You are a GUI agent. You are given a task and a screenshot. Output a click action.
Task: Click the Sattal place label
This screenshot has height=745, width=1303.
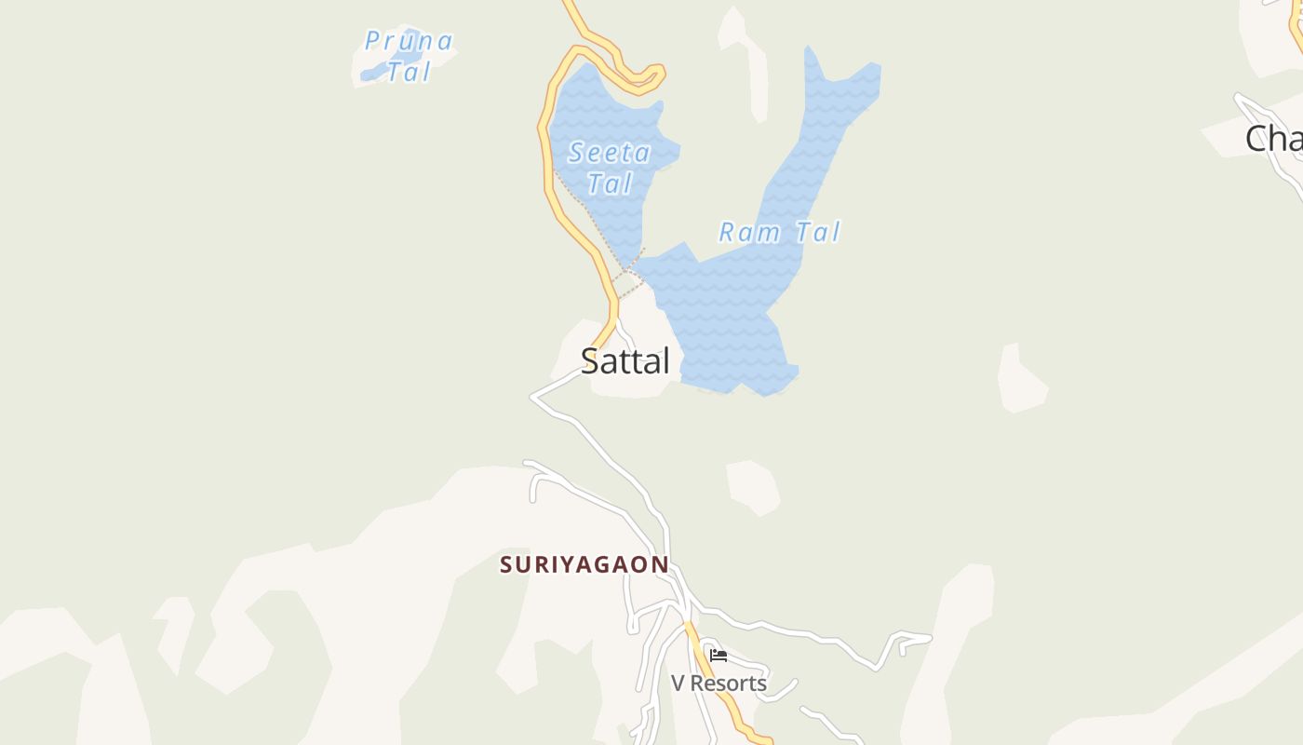pos(625,360)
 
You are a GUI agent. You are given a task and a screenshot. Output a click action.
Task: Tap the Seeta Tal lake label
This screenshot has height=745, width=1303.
pos(610,168)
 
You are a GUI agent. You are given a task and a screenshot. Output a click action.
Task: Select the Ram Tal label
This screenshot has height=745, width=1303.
pos(779,232)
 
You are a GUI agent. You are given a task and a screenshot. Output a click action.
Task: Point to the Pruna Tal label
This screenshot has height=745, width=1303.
pos(409,56)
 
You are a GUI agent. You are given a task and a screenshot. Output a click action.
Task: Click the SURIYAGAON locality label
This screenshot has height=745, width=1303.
pos(584,564)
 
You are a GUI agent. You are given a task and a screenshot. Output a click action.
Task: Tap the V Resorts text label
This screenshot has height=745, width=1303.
pos(719,684)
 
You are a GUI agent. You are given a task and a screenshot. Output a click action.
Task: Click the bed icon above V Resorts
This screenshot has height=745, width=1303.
pos(719,656)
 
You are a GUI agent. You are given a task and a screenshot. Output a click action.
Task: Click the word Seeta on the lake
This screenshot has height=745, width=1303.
pos(610,153)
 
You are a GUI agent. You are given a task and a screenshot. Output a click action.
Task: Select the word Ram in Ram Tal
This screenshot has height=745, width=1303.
pos(747,232)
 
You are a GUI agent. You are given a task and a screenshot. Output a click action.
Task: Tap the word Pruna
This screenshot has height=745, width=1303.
pos(409,41)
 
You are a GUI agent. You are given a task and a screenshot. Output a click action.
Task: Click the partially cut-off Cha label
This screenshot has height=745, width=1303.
pos(1273,140)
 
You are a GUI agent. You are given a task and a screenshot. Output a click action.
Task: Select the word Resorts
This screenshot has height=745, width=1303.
pos(729,684)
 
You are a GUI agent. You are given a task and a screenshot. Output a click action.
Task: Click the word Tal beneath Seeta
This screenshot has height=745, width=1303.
pos(610,183)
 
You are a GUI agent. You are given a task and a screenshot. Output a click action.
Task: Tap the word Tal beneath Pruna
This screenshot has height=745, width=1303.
pos(409,72)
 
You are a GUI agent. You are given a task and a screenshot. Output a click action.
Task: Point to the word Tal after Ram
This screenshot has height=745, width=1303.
pos(817,232)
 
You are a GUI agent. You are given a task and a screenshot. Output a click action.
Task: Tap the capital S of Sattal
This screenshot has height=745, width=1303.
pos(589,360)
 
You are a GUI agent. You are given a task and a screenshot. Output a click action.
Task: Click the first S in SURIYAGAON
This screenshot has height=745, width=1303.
pos(507,564)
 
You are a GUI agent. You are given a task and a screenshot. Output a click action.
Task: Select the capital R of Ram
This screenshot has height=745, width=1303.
pos(728,232)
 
